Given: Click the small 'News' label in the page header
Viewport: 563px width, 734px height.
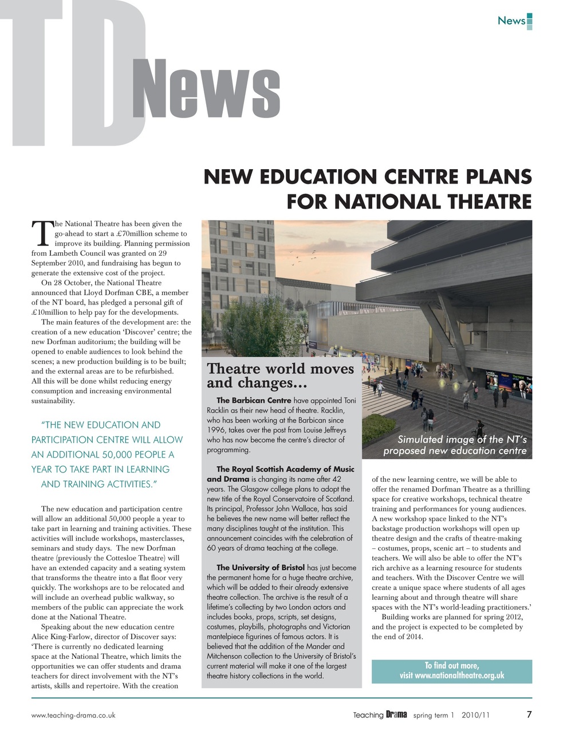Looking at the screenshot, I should coord(511,21).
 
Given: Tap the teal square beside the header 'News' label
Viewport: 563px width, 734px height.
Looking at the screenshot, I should coord(530,21).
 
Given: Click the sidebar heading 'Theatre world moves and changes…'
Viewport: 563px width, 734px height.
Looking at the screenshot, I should coord(280,376).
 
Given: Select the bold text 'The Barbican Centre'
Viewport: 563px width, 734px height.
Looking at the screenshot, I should coord(254,400).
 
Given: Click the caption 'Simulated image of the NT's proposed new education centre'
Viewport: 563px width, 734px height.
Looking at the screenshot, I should coord(455,445).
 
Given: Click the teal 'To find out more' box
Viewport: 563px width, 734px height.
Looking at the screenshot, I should coord(451,671).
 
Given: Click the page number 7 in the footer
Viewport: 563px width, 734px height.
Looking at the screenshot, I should coord(529,715).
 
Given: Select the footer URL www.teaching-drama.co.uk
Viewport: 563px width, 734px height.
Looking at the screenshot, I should coord(73,715).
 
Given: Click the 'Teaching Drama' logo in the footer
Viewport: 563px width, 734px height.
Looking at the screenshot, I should coord(379,715).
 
